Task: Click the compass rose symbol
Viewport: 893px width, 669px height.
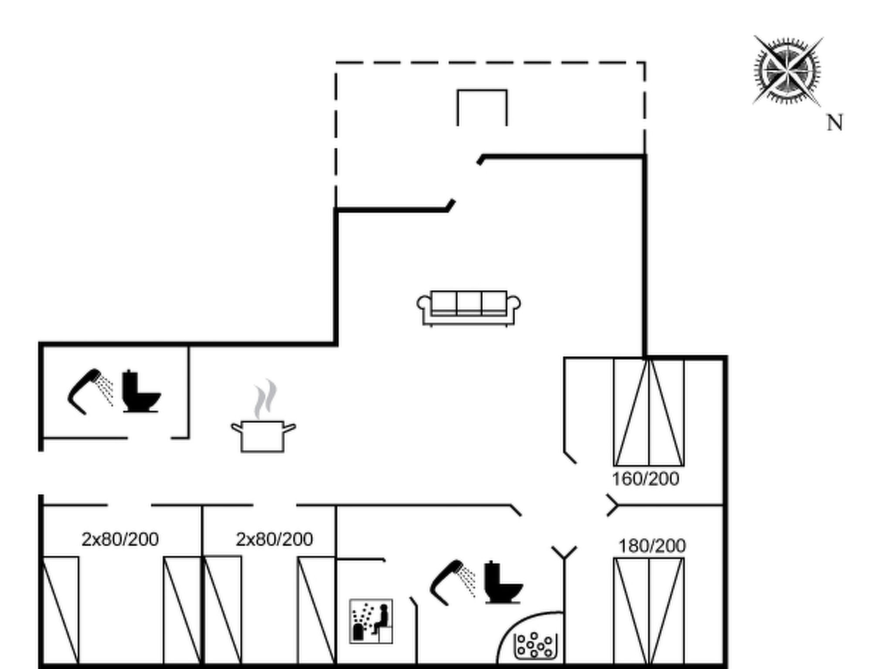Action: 788,71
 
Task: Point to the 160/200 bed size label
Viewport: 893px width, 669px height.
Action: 645,479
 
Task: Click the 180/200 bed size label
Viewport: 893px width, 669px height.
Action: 652,546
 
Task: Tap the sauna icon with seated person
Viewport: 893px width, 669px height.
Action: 371,621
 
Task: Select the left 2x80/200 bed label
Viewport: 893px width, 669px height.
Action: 120,540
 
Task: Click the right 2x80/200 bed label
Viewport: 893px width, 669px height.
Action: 274,540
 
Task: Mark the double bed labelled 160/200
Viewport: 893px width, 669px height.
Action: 649,412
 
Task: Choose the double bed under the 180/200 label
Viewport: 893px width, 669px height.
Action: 649,612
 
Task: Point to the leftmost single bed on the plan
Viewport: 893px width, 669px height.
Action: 61,611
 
